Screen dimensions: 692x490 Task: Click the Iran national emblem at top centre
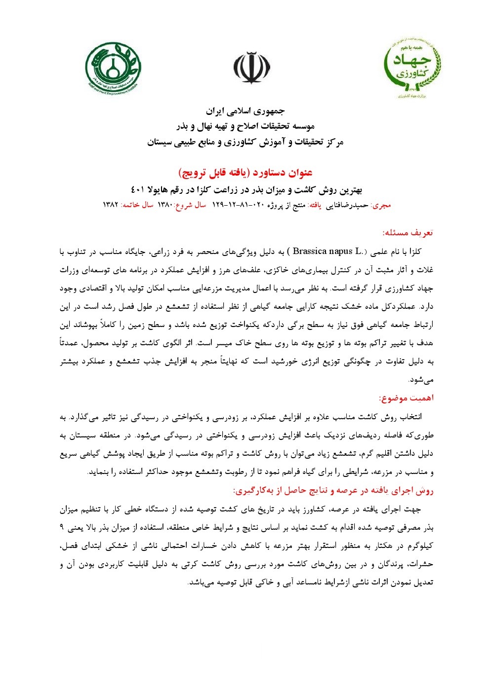[x=252, y=68]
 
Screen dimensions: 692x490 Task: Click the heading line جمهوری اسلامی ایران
[x=245, y=111]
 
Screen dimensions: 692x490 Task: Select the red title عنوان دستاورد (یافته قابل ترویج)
[x=245, y=173]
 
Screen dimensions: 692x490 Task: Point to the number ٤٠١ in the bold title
[x=138, y=190]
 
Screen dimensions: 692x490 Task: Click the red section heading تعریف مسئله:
[x=408, y=232]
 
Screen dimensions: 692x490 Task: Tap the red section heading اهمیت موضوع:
[x=406, y=398]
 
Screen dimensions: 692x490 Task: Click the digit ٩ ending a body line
[x=62, y=527]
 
